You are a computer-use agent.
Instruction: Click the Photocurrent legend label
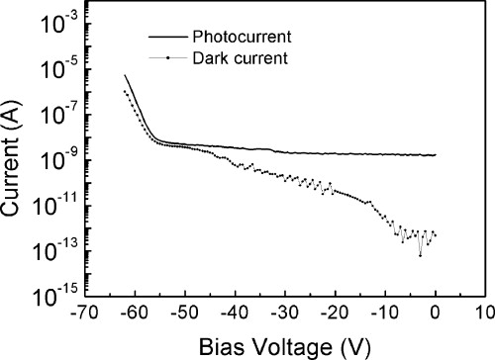[x=234, y=37]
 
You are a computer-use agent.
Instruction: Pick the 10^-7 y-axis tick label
[x=59, y=116]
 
